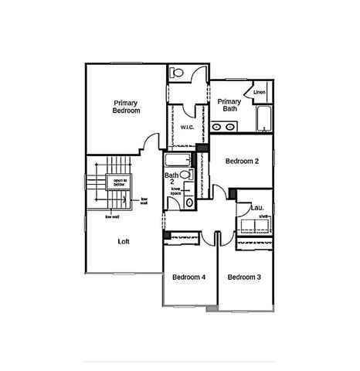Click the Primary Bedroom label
coord(127,107)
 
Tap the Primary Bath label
coord(230,105)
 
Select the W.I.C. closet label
coord(187,127)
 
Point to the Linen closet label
coord(260,93)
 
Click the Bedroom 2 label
coord(242,162)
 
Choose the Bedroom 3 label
coord(244,277)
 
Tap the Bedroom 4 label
coord(188,277)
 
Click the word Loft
coord(124,241)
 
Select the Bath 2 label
coord(172,179)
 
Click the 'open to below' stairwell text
coord(120,183)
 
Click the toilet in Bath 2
coord(185,175)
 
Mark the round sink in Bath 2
coord(190,203)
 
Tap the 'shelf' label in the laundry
coord(263,217)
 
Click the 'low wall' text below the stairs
coord(112,217)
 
